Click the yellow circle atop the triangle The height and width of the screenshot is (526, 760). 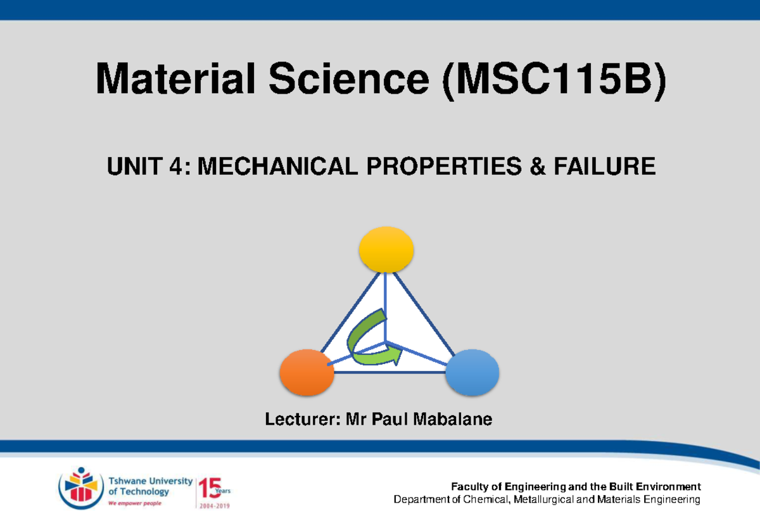(386, 250)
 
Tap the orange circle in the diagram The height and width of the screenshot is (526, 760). (307, 373)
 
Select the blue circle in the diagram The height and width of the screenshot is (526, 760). (472, 373)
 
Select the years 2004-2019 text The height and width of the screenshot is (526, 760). (216, 506)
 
